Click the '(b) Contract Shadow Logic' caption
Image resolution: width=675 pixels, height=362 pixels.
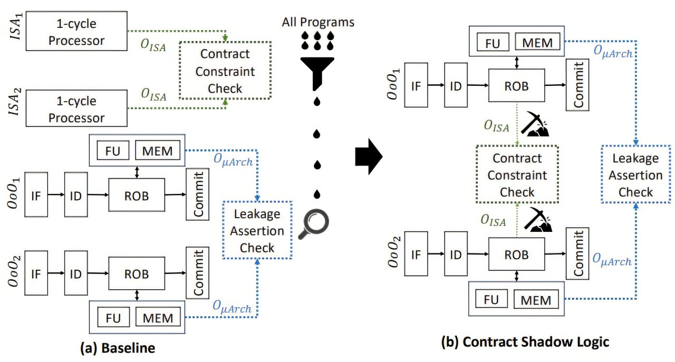click(525, 342)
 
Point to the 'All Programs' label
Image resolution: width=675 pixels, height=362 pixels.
click(317, 22)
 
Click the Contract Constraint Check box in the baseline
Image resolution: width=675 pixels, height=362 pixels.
click(225, 71)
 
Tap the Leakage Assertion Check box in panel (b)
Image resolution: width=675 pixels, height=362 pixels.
click(635, 175)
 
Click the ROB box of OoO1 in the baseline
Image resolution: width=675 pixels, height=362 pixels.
click(137, 195)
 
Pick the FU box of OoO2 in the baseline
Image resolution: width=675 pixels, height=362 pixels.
click(112, 317)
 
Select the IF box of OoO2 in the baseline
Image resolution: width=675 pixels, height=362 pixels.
click(35, 274)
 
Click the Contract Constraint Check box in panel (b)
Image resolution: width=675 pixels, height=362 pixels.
click(517, 175)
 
